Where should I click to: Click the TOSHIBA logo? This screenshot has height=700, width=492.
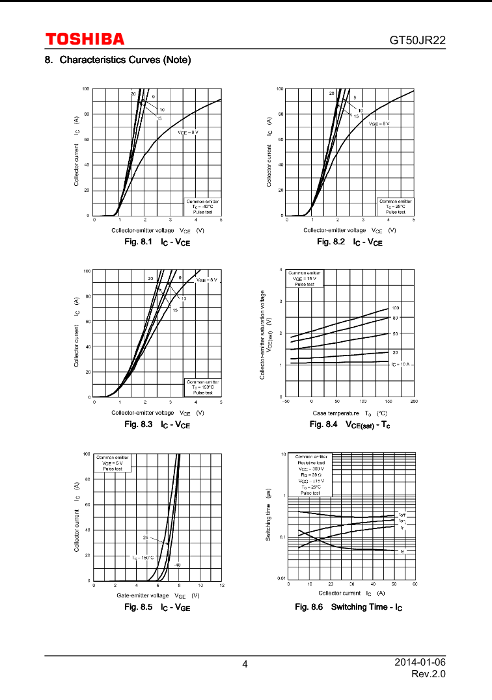tap(85, 40)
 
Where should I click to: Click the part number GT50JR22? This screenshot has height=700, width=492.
tap(417, 40)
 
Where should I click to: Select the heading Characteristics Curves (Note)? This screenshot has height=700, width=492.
tap(118, 60)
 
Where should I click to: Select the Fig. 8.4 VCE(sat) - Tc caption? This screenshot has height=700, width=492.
tap(349, 424)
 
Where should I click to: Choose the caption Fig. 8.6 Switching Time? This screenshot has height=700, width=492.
tap(349, 607)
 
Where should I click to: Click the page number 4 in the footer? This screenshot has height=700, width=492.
tap(245, 664)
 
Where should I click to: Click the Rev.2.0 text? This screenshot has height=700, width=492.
tap(429, 674)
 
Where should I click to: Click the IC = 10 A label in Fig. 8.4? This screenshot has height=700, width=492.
tap(400, 365)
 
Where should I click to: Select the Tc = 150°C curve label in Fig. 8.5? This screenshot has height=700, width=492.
tap(143, 558)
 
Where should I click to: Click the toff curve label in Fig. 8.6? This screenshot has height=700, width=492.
tap(402, 515)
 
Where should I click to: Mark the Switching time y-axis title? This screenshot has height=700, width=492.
tap(268, 515)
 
